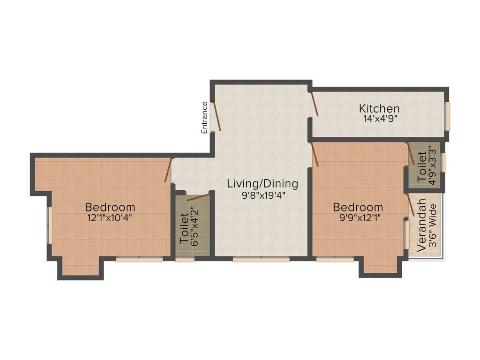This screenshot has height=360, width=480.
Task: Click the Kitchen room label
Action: (x=379, y=109)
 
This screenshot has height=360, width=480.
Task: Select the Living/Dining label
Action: (x=262, y=183)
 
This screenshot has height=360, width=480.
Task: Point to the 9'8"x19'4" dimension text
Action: (x=263, y=195)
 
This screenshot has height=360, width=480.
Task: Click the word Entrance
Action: (x=204, y=118)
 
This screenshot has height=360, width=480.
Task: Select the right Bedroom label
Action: (x=358, y=207)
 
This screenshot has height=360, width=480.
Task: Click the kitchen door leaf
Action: (x=315, y=104)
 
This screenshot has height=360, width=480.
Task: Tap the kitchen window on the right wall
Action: (x=448, y=116)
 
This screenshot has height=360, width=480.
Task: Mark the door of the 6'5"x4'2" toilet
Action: (x=198, y=197)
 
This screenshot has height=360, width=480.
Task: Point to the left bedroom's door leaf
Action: (x=167, y=171)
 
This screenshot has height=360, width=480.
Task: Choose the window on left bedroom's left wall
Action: (x=50, y=225)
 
